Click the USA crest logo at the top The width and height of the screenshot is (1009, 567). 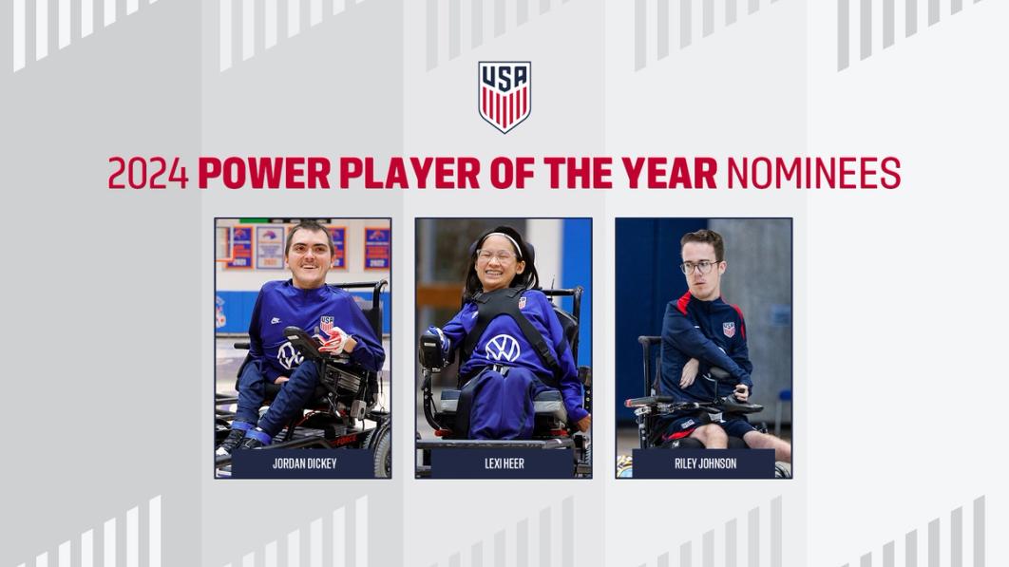[x=504, y=96]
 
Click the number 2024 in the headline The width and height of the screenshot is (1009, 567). [x=148, y=174]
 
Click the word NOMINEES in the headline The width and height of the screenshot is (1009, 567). [x=813, y=174]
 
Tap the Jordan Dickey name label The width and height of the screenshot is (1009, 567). [x=304, y=463]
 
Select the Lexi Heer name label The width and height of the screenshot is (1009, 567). [x=504, y=463]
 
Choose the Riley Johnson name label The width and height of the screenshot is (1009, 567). [x=704, y=463]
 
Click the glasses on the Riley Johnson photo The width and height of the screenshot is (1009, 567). [x=699, y=267]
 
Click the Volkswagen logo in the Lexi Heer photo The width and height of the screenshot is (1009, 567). [x=503, y=348]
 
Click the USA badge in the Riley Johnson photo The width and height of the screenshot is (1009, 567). [x=729, y=329]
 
